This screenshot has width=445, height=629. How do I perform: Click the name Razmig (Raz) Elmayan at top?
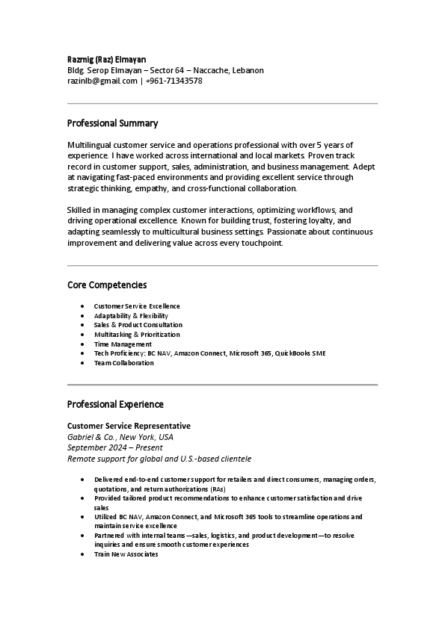(x=106, y=59)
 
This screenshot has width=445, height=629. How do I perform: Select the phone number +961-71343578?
(x=174, y=81)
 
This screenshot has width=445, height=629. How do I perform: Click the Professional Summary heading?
(x=112, y=123)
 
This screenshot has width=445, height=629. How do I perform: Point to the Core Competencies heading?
(x=107, y=285)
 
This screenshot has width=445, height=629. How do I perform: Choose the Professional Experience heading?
(x=115, y=404)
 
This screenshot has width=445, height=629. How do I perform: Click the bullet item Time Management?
(x=123, y=344)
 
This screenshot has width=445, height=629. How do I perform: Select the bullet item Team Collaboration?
(x=123, y=363)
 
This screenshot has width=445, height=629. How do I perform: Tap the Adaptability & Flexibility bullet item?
(x=131, y=316)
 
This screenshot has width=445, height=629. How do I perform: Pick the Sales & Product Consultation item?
(x=138, y=325)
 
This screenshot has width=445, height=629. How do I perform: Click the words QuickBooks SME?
(x=300, y=353)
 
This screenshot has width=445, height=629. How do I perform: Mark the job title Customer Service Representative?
(x=129, y=426)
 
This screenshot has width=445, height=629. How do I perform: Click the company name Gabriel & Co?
(x=91, y=437)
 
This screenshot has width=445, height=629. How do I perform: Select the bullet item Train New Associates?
(x=126, y=554)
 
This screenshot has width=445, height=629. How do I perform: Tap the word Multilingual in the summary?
(x=90, y=144)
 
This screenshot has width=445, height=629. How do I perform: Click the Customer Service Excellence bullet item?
(x=137, y=306)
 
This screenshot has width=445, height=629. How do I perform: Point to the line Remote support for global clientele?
(x=159, y=459)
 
